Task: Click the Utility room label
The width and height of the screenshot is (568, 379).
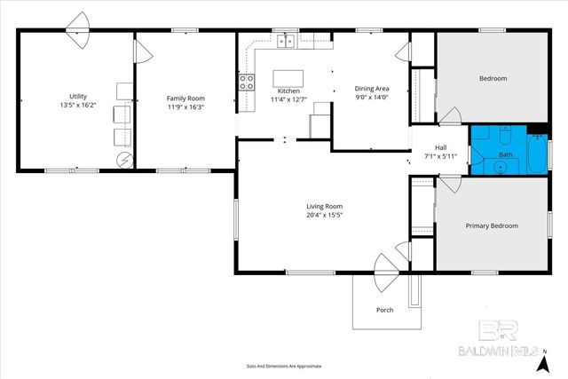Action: (78, 96)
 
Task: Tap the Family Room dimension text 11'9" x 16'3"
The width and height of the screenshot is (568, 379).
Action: (187, 106)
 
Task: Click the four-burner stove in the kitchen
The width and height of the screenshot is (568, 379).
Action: (247, 83)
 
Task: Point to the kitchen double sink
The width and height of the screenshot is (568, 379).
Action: (286, 41)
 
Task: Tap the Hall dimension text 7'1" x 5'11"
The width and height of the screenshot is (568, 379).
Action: (440, 156)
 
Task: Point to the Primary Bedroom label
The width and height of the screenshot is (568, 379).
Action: (492, 225)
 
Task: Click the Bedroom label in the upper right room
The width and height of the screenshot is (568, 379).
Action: (493, 79)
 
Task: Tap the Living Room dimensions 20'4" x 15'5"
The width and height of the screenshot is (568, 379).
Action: (325, 215)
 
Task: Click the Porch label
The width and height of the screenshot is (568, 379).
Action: (385, 310)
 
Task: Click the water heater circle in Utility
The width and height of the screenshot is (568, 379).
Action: (124, 160)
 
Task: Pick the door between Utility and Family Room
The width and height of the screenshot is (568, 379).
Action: (138, 50)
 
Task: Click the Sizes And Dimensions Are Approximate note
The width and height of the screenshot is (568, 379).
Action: (284, 366)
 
